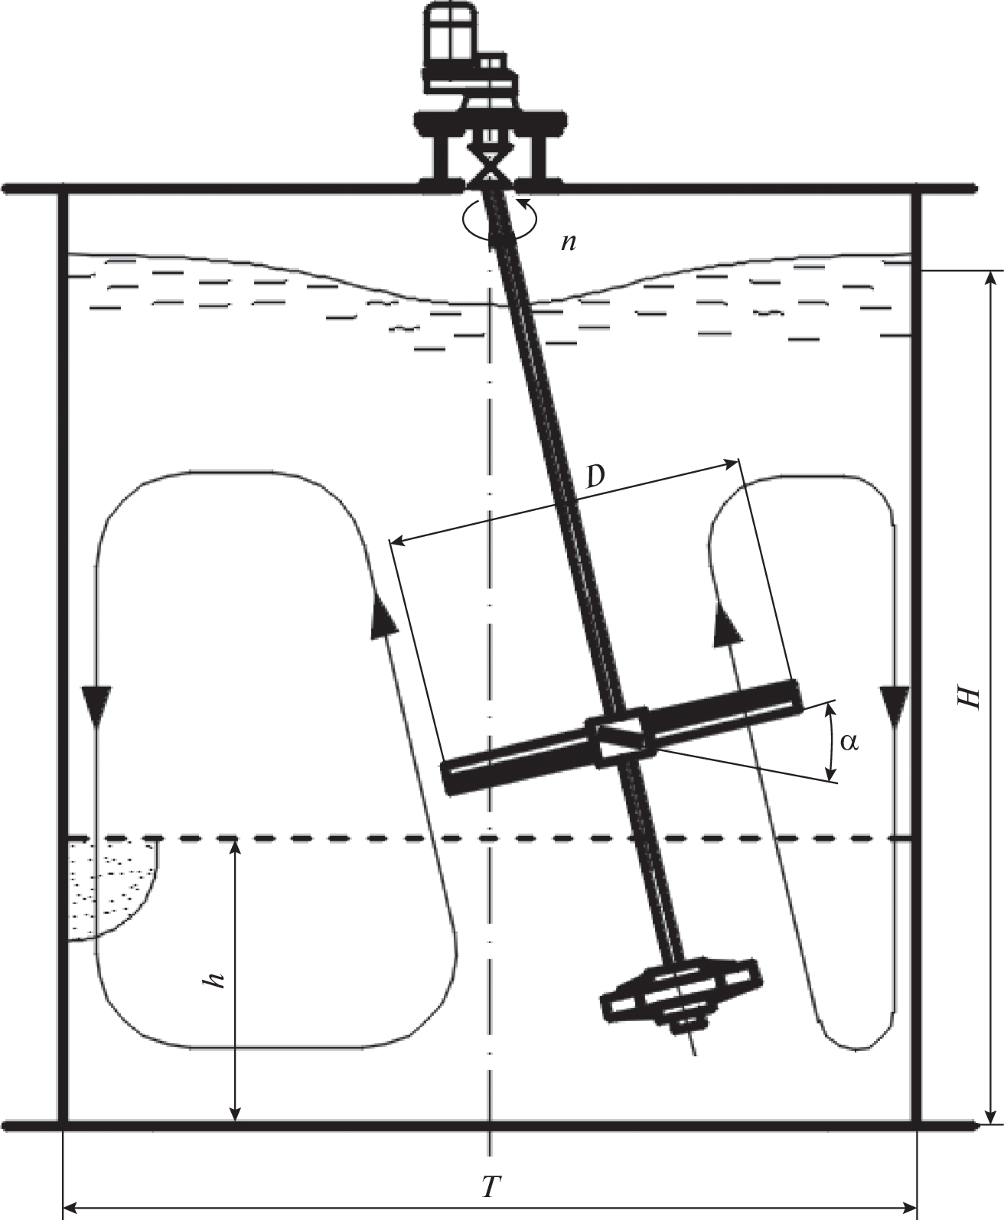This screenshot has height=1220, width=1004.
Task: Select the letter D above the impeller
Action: (x=595, y=476)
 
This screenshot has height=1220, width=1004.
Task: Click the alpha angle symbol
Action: (x=849, y=742)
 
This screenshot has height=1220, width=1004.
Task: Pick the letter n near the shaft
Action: (x=569, y=242)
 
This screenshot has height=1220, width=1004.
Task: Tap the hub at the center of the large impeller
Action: (x=618, y=737)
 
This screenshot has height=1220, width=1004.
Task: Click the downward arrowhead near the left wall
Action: (x=96, y=702)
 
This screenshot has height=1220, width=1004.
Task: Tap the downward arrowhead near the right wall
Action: (x=894, y=704)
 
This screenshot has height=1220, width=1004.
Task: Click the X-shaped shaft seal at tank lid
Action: (x=490, y=168)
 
